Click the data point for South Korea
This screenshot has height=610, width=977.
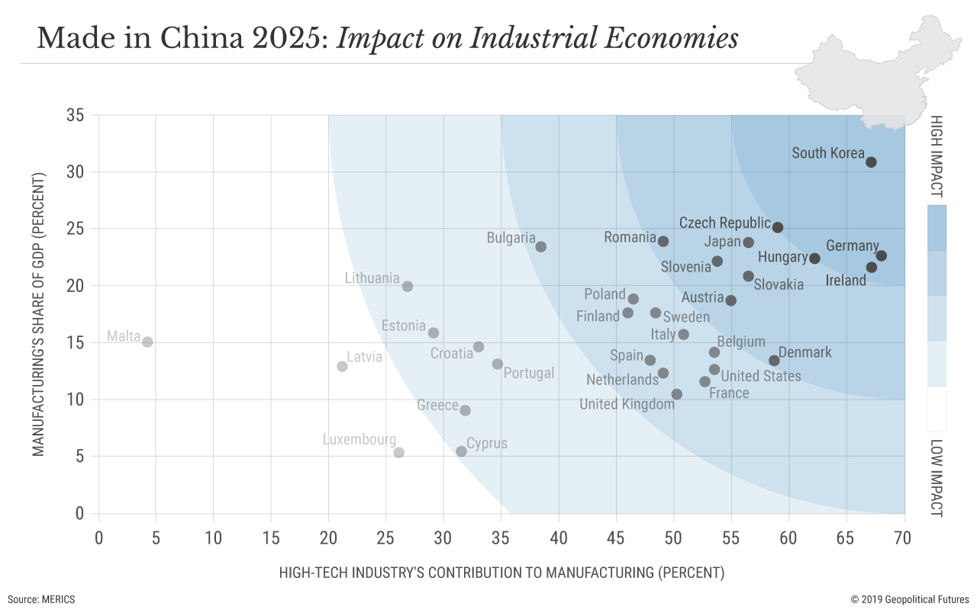pyautogui.click(x=871, y=162)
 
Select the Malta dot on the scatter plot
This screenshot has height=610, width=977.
pyautogui.click(x=147, y=342)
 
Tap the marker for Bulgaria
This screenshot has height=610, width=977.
pyautogui.click(x=540, y=246)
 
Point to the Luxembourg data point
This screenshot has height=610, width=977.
pyautogui.click(x=398, y=452)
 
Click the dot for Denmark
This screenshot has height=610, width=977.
pyautogui.click(x=774, y=360)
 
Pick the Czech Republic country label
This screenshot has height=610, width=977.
pyautogui.click(x=724, y=223)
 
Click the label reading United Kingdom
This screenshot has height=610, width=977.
pyautogui.click(x=627, y=404)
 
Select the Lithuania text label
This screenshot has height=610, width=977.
pyautogui.click(x=372, y=278)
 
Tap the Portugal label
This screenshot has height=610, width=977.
pyautogui.click(x=528, y=374)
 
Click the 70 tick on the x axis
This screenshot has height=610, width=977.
pyautogui.click(x=904, y=537)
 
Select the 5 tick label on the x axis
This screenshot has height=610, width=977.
pyautogui.click(x=156, y=537)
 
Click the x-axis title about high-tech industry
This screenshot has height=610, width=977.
pyautogui.click(x=501, y=572)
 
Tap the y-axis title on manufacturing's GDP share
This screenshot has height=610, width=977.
pyautogui.click(x=39, y=314)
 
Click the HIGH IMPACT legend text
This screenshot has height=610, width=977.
pyautogui.click(x=937, y=156)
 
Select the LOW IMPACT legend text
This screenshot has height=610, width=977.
pyautogui.click(x=937, y=478)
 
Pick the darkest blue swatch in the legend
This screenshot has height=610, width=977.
pyautogui.click(x=937, y=227)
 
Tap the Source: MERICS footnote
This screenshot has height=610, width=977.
pyautogui.click(x=41, y=599)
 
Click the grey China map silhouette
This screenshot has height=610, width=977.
pyautogui.click(x=878, y=72)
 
